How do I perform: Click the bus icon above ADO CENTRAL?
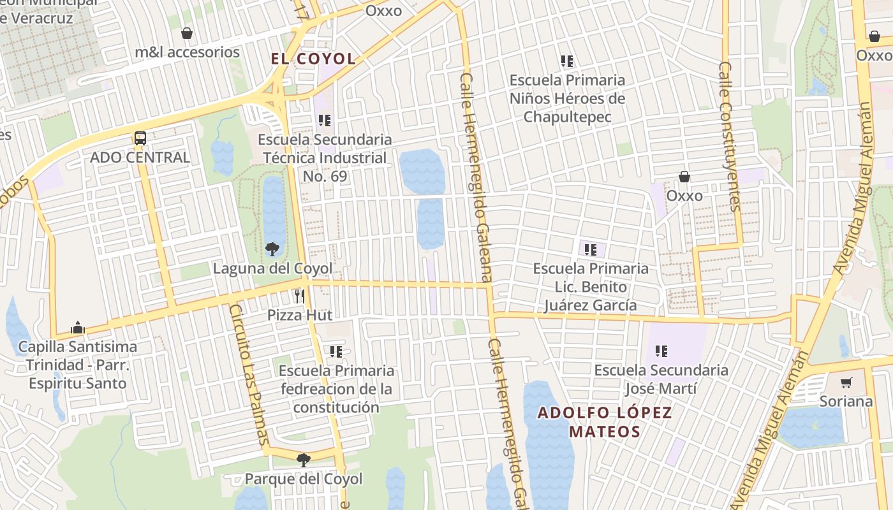pos(140,138)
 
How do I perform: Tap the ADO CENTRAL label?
pos(140,157)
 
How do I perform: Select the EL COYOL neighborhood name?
pos(313,59)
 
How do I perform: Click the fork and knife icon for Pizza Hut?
pos(300,296)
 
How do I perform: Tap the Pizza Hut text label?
pos(300,315)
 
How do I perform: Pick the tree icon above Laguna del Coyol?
pos(272,249)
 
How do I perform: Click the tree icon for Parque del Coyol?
pos(304,460)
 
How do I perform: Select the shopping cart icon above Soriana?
pos(846,382)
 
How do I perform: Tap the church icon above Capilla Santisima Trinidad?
pos(78,328)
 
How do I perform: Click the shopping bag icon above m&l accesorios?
pos(187,33)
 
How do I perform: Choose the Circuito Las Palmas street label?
pos(248,375)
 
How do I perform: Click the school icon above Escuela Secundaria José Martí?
pos(661,351)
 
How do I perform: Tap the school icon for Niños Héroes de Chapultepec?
pos(567,61)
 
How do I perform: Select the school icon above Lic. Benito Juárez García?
pos(591,249)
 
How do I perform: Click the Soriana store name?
pos(846,402)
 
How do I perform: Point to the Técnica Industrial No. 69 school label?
pos(325,157)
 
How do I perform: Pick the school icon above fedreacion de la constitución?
pos(336,351)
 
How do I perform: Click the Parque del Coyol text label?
pos(304,479)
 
